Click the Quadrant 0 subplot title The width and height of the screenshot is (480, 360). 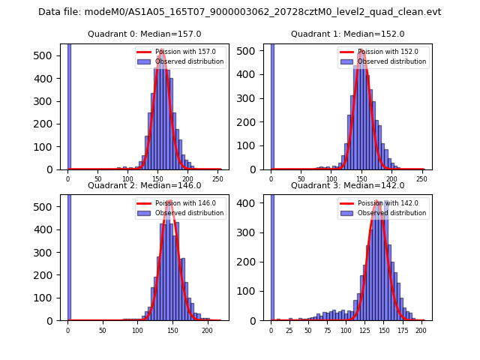pos(144,34)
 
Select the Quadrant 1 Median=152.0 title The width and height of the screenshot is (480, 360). pos(347,34)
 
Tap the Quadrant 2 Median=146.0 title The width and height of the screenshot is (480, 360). pos(144,185)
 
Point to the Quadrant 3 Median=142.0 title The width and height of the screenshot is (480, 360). pos(347,185)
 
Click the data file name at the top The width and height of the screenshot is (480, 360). pos(240,12)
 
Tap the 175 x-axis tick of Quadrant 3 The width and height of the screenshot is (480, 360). pos(402,331)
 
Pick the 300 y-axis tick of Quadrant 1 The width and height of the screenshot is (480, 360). pos(252,98)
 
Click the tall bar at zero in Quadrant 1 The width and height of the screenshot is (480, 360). pos(271,105)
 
